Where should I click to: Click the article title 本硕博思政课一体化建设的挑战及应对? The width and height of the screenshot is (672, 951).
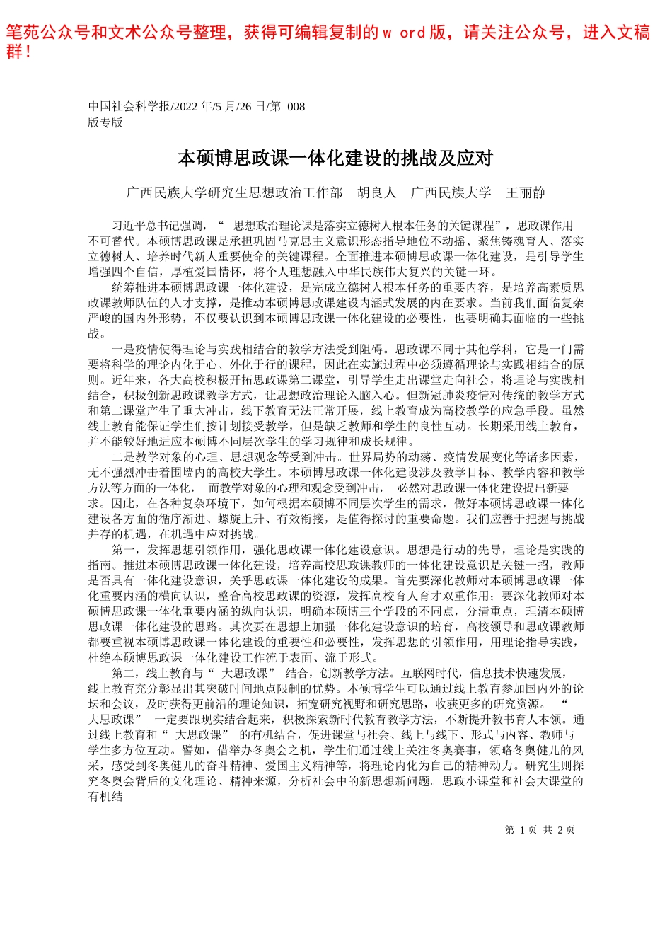[335, 158]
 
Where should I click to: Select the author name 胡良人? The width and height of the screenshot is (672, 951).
[376, 192]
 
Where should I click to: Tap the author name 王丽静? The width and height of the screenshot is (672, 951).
[526, 192]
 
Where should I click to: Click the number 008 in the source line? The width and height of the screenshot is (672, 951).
[296, 107]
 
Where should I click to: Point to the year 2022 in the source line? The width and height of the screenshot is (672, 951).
[187, 107]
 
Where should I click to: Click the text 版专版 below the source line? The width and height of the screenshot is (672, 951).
[105, 122]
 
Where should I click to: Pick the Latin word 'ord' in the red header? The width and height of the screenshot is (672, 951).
[412, 33]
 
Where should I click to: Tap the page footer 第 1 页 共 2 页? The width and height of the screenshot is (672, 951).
[540, 830]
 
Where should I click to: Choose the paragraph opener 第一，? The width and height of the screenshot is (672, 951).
[127, 550]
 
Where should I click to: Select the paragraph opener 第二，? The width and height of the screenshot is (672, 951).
[127, 673]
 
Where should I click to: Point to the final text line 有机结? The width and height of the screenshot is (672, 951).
[105, 797]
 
